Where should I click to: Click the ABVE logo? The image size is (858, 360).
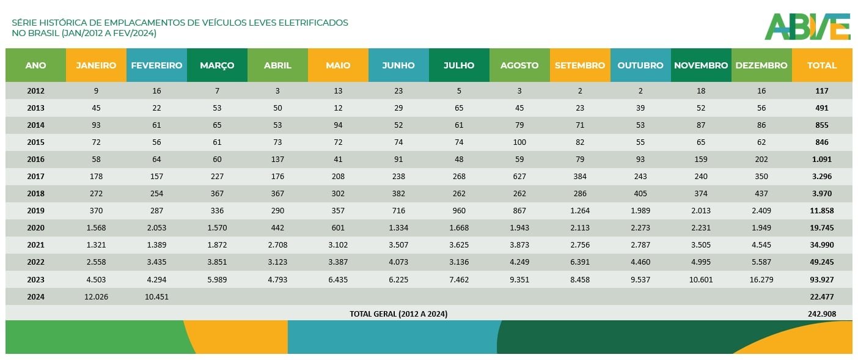pyautogui.click(x=807, y=27)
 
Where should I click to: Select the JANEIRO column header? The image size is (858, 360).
pyautogui.click(x=96, y=65)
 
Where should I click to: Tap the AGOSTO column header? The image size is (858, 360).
pyautogui.click(x=519, y=65)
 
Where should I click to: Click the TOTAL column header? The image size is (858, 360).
pyautogui.click(x=822, y=65)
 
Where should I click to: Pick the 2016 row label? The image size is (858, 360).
pyautogui.click(x=35, y=160)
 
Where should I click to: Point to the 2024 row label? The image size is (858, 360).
pyautogui.click(x=35, y=297)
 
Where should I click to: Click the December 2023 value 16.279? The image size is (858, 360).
pyautogui.click(x=761, y=280)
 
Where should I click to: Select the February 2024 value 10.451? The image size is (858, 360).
pyautogui.click(x=156, y=297)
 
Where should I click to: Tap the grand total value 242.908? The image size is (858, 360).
pyautogui.click(x=822, y=314)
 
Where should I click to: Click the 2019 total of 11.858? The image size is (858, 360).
pyautogui.click(x=822, y=211)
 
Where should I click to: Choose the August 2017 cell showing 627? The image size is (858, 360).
pyautogui.click(x=519, y=177)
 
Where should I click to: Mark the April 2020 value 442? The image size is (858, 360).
pyautogui.click(x=277, y=228)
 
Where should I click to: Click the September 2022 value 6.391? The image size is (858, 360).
pyautogui.click(x=580, y=262)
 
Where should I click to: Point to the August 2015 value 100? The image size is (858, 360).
pyautogui.click(x=519, y=142)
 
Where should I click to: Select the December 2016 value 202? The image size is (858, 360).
pyautogui.click(x=761, y=160)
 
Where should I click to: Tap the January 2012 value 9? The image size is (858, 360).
pyautogui.click(x=96, y=91)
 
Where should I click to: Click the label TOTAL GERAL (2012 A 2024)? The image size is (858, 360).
pyautogui.click(x=398, y=314)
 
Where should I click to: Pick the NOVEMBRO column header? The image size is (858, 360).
pyautogui.click(x=701, y=65)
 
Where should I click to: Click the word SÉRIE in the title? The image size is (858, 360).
pyautogui.click(x=24, y=23)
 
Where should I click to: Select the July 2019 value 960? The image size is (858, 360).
pyautogui.click(x=459, y=211)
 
